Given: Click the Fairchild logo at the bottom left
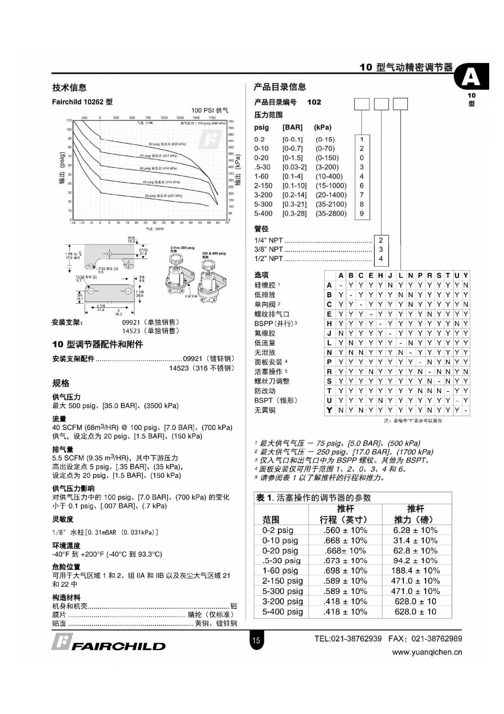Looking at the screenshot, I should point(108,642).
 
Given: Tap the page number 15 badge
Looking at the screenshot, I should point(256,640).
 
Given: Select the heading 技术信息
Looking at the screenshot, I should point(69,88).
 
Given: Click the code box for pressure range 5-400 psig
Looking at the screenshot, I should point(362,214).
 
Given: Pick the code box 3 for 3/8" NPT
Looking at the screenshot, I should point(381,249).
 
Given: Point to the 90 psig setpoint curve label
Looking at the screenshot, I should point(167,144).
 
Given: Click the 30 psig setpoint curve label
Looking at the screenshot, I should point(163,196).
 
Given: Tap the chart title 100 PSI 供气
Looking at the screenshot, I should point(209,111).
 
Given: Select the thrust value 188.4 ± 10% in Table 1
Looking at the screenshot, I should point(415,571).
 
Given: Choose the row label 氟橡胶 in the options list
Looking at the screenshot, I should point(265,333).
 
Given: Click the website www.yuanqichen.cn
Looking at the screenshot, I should point(427,652).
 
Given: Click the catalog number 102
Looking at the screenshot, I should point(314,102).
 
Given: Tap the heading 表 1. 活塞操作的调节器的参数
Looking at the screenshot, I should point(313,498).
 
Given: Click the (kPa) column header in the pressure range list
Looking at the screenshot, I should point(323,128).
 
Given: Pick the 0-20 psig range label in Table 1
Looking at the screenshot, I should point(280,551).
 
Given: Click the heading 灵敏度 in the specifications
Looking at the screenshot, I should point(63,519).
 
